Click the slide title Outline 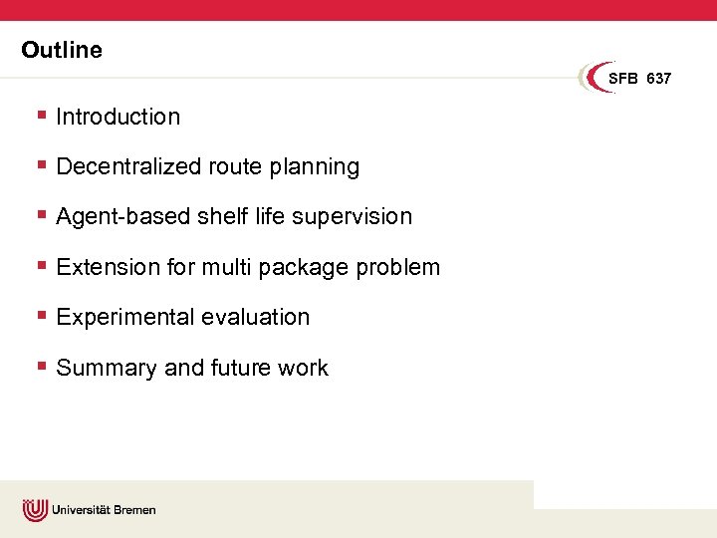click(x=62, y=50)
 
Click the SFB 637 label click(x=639, y=79)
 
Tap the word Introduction click(x=119, y=117)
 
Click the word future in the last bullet click(x=242, y=368)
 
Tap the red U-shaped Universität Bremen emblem click(x=35, y=510)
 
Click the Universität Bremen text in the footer click(x=104, y=510)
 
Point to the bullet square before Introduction click(x=41, y=115)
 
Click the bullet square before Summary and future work click(x=41, y=366)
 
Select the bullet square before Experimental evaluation click(x=41, y=315)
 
